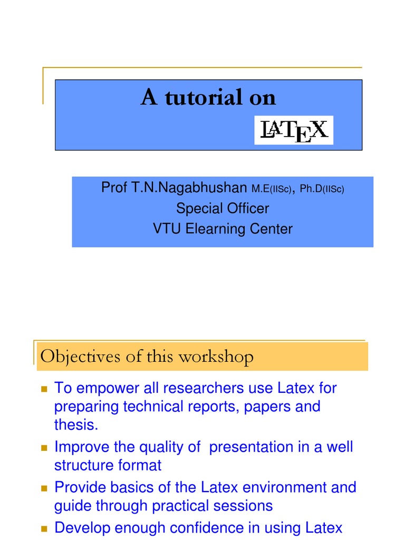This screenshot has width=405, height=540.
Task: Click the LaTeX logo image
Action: [294, 130]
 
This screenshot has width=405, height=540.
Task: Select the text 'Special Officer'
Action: [222, 208]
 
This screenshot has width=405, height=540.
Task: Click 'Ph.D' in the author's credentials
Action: [311, 189]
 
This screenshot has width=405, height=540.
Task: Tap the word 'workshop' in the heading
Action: [221, 356]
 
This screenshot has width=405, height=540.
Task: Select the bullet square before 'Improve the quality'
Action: [44, 448]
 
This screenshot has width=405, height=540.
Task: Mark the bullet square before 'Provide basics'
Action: [44, 488]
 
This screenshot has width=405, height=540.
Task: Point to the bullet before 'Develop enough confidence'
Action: [44, 528]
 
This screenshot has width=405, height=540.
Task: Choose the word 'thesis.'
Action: [76, 425]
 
